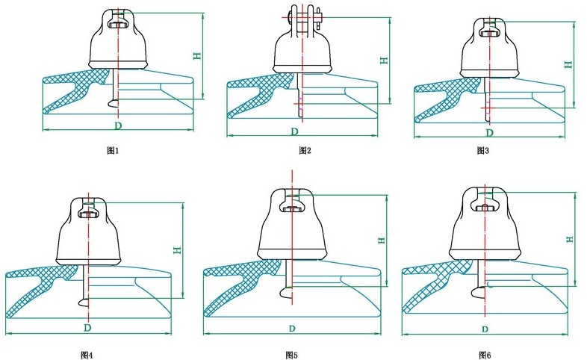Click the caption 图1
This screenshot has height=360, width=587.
click(x=114, y=150)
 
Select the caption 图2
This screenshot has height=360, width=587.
click(x=305, y=150)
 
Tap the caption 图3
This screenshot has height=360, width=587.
click(x=483, y=150)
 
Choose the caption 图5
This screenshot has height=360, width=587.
click(x=291, y=353)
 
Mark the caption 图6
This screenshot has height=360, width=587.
click(x=485, y=353)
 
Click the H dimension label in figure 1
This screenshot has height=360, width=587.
click(x=197, y=56)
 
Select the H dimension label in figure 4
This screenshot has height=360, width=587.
click(x=177, y=250)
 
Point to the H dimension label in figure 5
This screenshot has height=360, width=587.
click(x=381, y=240)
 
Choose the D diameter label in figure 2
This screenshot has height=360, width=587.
click(x=295, y=131)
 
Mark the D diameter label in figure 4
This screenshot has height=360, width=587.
click(x=87, y=327)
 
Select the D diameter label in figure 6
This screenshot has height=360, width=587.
click(x=485, y=329)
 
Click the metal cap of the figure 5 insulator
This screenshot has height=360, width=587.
click(x=292, y=224)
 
